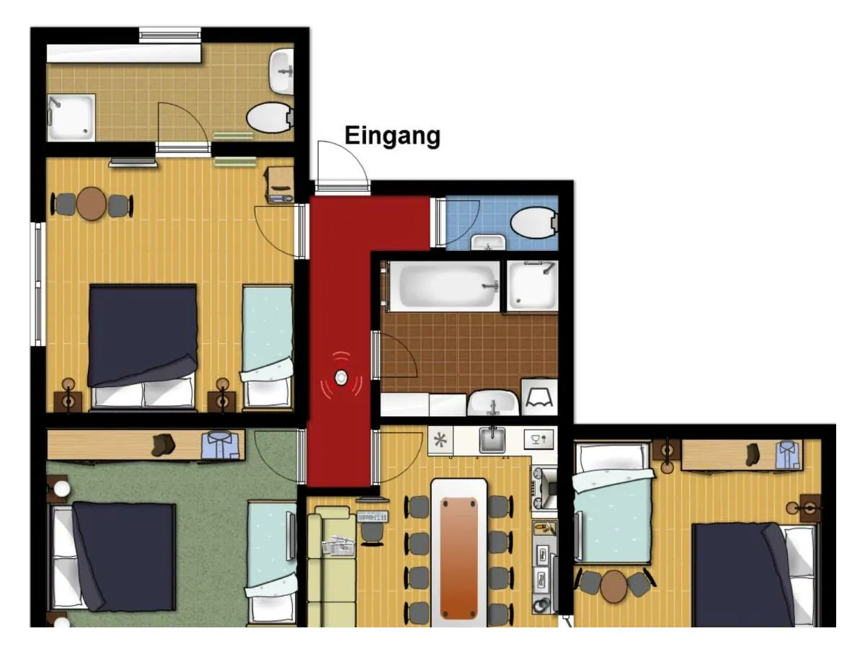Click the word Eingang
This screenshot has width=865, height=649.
(392, 136)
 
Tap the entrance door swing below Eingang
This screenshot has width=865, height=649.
(341, 167)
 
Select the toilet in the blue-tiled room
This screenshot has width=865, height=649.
(536, 222)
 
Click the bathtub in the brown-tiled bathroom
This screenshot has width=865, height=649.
(441, 286)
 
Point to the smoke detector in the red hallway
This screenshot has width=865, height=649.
(341, 377)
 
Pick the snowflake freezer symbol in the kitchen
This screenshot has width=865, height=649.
(440, 439)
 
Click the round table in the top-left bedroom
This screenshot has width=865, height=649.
(92, 204)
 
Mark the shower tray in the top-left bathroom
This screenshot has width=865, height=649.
(71, 117)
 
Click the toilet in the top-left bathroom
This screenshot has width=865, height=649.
(269, 118)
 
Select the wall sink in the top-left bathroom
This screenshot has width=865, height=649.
(282, 71)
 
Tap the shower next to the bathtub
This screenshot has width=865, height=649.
(532, 286)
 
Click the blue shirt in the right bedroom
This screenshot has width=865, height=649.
(788, 455)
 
